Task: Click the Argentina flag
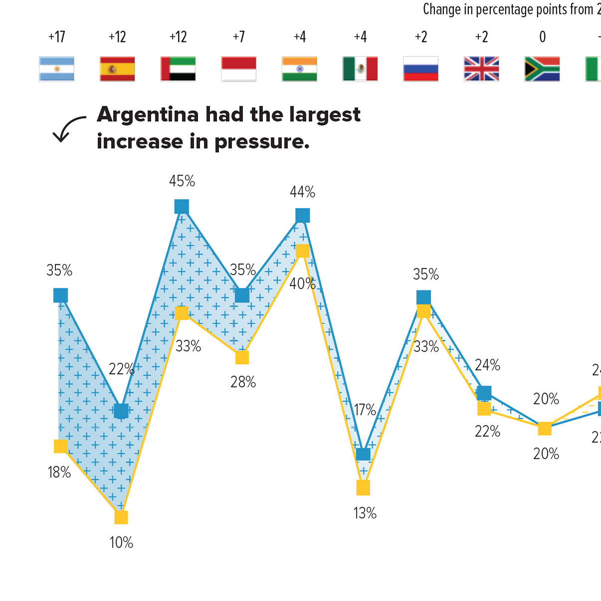57,69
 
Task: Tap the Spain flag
117,69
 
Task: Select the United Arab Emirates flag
178,69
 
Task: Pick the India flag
299,69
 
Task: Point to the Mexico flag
360,69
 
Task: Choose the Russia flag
421,69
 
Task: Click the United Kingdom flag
481,69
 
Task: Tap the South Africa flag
542,69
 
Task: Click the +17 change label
57,37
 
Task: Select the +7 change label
239,37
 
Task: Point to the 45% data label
182,181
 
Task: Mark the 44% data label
303,192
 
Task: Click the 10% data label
122,543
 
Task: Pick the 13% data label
365,513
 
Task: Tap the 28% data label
243,382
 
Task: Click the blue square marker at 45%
182,206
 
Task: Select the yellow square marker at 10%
121,517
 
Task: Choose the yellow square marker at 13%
363,488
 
